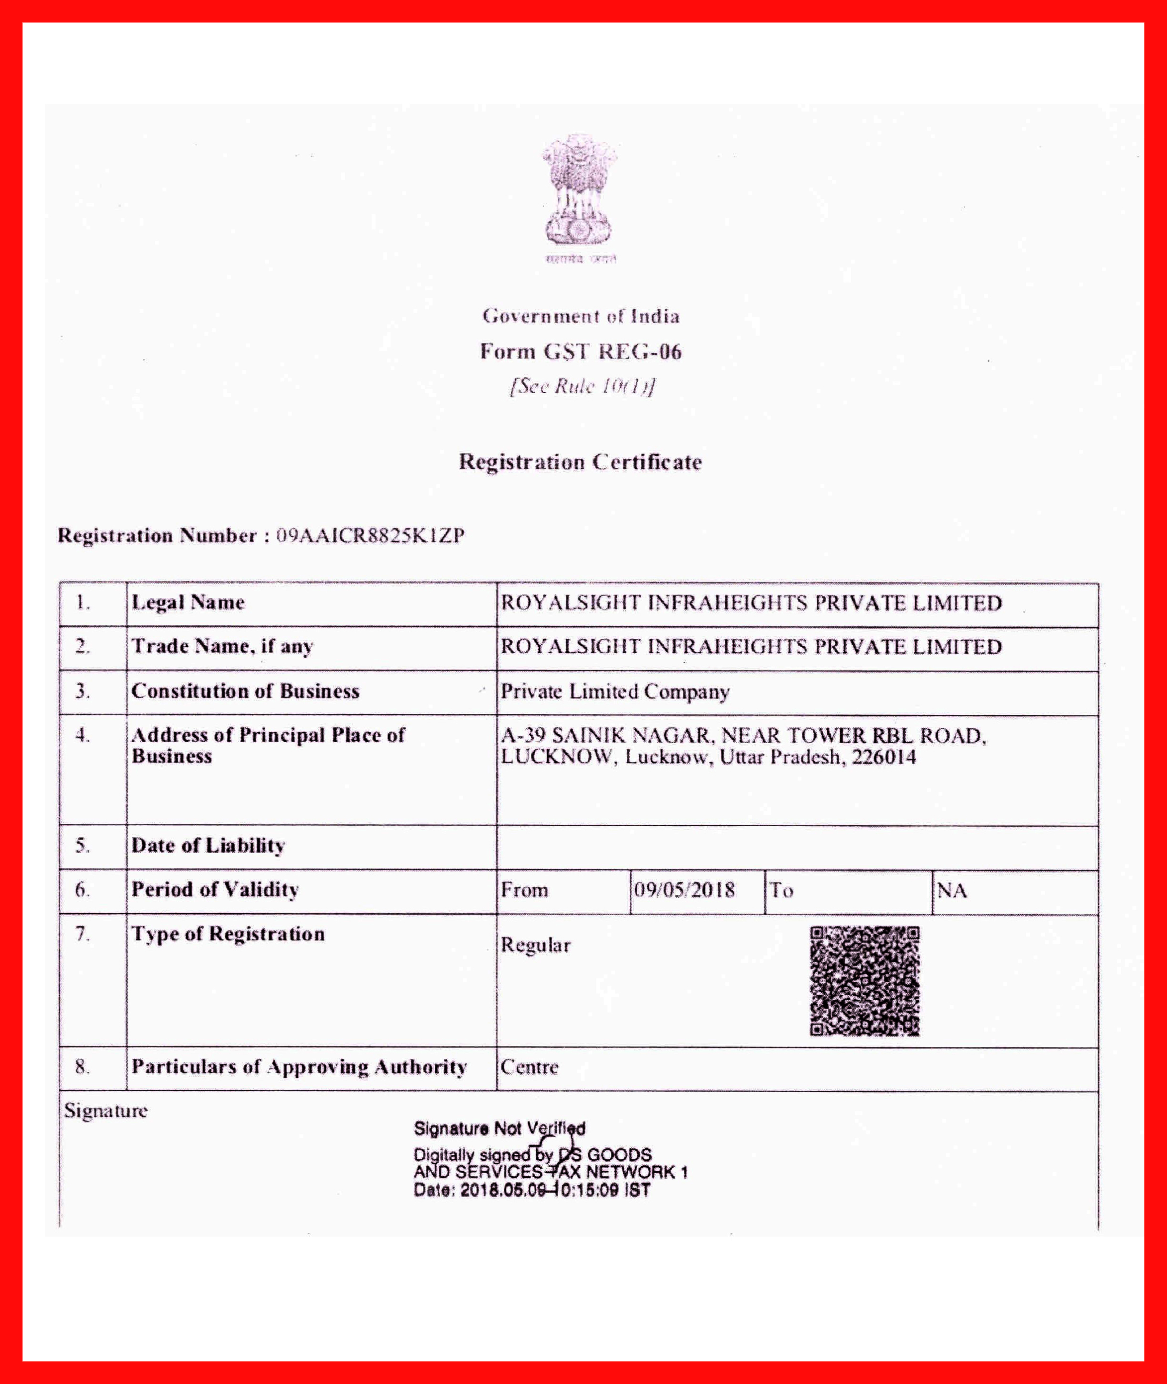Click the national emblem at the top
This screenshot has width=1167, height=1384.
580,192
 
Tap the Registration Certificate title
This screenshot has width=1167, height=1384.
580,461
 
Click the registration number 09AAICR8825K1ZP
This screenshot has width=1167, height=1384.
371,535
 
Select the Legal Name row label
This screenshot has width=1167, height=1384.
188,603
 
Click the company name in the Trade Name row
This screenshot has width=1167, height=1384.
751,646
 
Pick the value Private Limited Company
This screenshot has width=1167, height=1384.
615,692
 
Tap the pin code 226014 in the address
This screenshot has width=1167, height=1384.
884,757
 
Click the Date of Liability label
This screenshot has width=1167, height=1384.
208,845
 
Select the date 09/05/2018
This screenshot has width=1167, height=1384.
684,890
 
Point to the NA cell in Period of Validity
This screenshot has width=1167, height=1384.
952,891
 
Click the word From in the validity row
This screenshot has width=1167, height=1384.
525,890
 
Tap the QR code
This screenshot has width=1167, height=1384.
865,981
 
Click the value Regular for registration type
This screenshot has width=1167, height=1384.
535,945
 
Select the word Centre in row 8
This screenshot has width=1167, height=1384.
529,1067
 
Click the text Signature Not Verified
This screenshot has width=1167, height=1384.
499,1128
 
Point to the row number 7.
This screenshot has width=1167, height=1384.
82,934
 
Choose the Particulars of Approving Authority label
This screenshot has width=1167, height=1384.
299,1067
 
